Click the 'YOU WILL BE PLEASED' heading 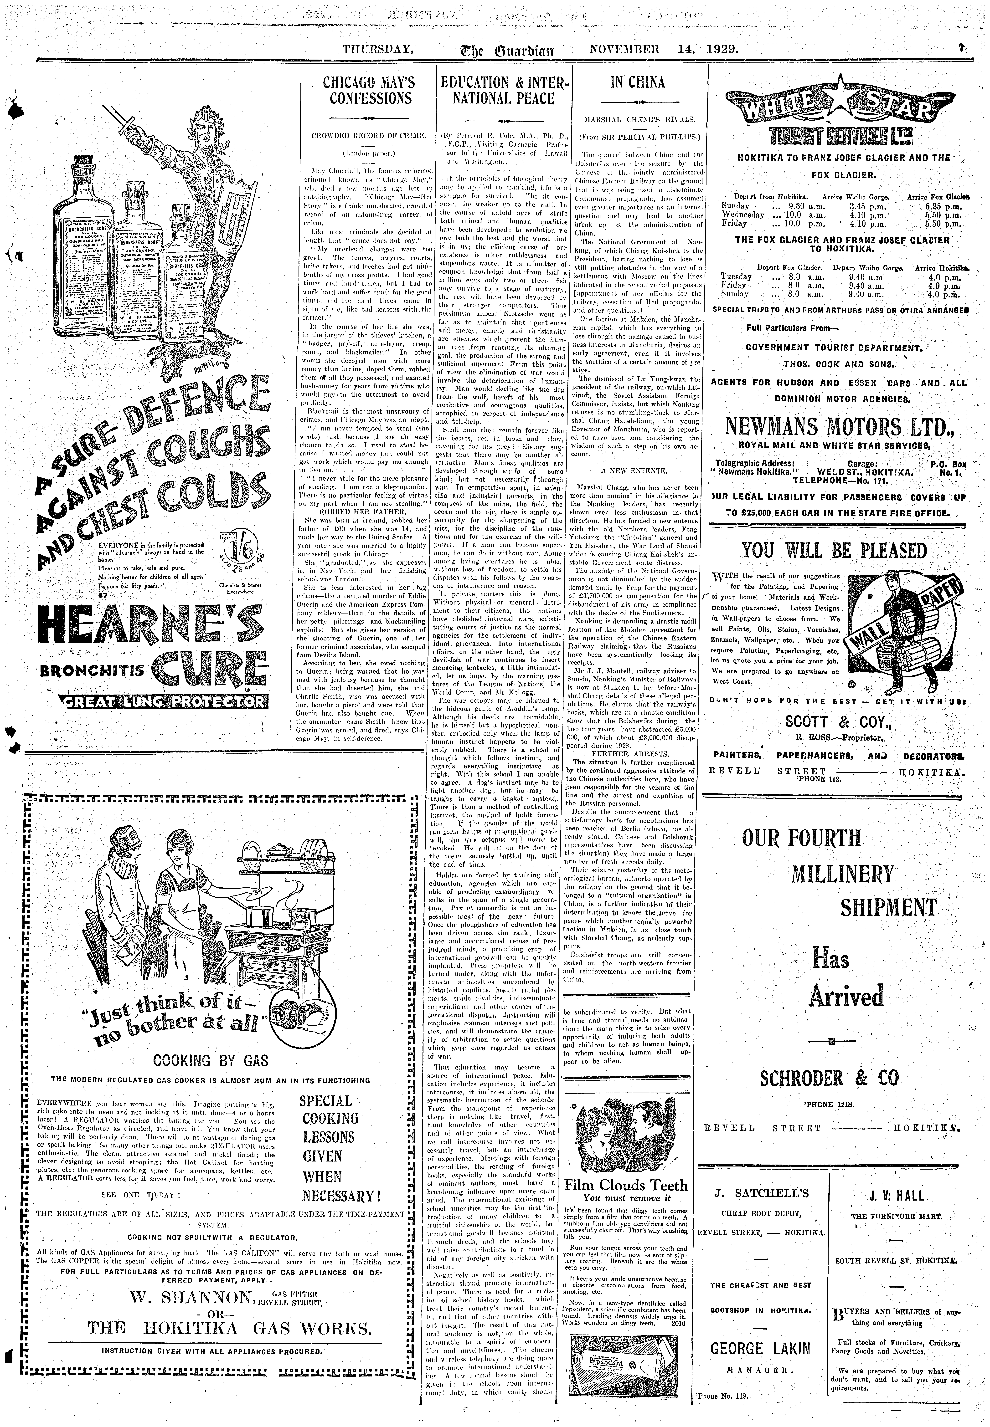[834, 551]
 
